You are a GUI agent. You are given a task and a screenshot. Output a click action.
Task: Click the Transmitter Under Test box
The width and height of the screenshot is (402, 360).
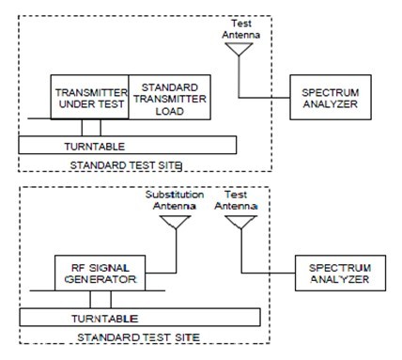[x=89, y=97]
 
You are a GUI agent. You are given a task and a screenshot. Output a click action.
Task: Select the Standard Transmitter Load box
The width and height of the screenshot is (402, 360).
[x=169, y=97]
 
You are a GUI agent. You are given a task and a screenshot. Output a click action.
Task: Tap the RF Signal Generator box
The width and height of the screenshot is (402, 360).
[x=100, y=273]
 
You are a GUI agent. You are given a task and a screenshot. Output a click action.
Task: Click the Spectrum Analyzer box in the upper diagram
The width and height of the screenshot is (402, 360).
[x=331, y=97]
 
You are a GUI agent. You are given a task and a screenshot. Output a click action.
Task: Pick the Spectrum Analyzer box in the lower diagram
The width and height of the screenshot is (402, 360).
[x=340, y=273]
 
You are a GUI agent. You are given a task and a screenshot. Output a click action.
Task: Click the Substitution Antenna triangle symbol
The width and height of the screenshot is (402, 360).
[x=176, y=222]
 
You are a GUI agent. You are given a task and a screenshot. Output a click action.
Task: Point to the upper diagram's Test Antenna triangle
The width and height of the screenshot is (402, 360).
[x=239, y=49]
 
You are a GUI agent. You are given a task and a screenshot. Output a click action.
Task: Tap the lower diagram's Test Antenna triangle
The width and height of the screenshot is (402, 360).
[x=240, y=222]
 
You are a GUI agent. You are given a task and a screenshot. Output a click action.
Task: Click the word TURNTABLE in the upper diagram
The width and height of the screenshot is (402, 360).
[x=95, y=147]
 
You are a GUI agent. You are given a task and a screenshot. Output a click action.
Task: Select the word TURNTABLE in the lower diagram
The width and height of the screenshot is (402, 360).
[x=104, y=319]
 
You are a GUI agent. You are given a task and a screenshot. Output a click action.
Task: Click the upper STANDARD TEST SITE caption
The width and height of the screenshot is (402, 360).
[x=126, y=165]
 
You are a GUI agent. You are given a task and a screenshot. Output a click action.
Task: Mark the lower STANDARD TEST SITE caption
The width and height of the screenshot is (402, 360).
[x=138, y=337]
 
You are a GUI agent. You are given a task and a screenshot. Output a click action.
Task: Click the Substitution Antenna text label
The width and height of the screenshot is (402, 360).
[x=175, y=200]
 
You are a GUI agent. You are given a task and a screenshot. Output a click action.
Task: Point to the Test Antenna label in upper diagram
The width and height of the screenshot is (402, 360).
[x=241, y=29]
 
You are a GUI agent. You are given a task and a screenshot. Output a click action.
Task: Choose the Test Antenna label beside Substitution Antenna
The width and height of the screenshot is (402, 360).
[x=236, y=200]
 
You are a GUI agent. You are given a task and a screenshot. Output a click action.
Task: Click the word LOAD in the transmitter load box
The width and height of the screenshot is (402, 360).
[x=170, y=111]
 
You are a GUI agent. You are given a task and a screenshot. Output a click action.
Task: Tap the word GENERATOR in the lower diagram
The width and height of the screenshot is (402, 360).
[x=100, y=279]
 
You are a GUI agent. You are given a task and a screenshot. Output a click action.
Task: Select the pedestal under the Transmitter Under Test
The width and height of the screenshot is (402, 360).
[x=91, y=128]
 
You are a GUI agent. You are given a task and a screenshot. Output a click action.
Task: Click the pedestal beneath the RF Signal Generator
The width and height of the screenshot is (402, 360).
[x=100, y=300]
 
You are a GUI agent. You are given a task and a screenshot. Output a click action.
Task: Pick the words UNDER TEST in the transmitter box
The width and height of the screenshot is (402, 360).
[x=91, y=103]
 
